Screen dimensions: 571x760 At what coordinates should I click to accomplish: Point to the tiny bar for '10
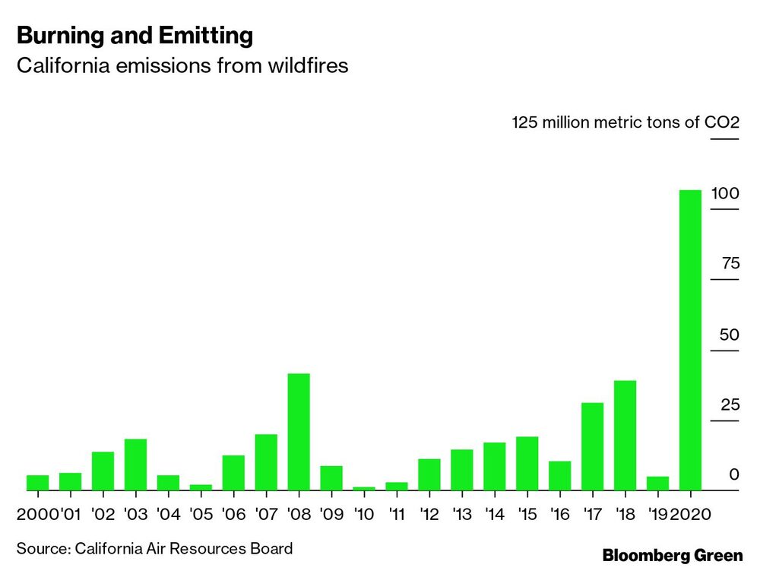pos(364,488)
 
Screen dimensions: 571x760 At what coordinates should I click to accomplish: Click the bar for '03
pos(135,465)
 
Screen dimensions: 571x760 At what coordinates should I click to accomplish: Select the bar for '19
pos(657,483)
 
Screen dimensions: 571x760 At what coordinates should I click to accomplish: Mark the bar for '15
pos(527,463)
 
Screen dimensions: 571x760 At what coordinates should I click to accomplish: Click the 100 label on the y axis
pos(724,193)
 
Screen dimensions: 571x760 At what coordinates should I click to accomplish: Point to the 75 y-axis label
pos(730,264)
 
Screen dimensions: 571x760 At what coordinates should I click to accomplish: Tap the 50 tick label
pos(729,335)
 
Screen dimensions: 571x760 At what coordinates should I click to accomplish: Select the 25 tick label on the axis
pos(729,404)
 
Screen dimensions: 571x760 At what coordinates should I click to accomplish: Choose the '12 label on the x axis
pos(429,515)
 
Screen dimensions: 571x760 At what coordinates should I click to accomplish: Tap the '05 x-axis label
pos(201,515)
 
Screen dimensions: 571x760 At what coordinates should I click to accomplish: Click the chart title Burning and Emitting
pos(135,35)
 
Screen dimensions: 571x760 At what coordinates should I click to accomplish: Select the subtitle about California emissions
pos(182,66)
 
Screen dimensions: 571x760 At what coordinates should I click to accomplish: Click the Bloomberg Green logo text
pos(673,556)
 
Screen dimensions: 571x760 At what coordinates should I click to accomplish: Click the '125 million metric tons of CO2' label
pos(625,122)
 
